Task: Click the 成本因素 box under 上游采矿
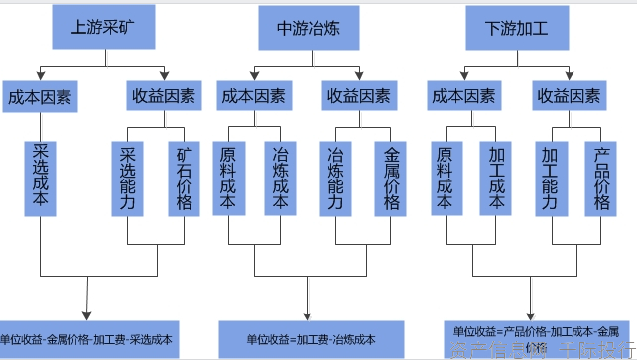(x=41, y=96)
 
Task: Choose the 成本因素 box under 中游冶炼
(x=252, y=96)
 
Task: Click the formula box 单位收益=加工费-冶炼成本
(x=311, y=338)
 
